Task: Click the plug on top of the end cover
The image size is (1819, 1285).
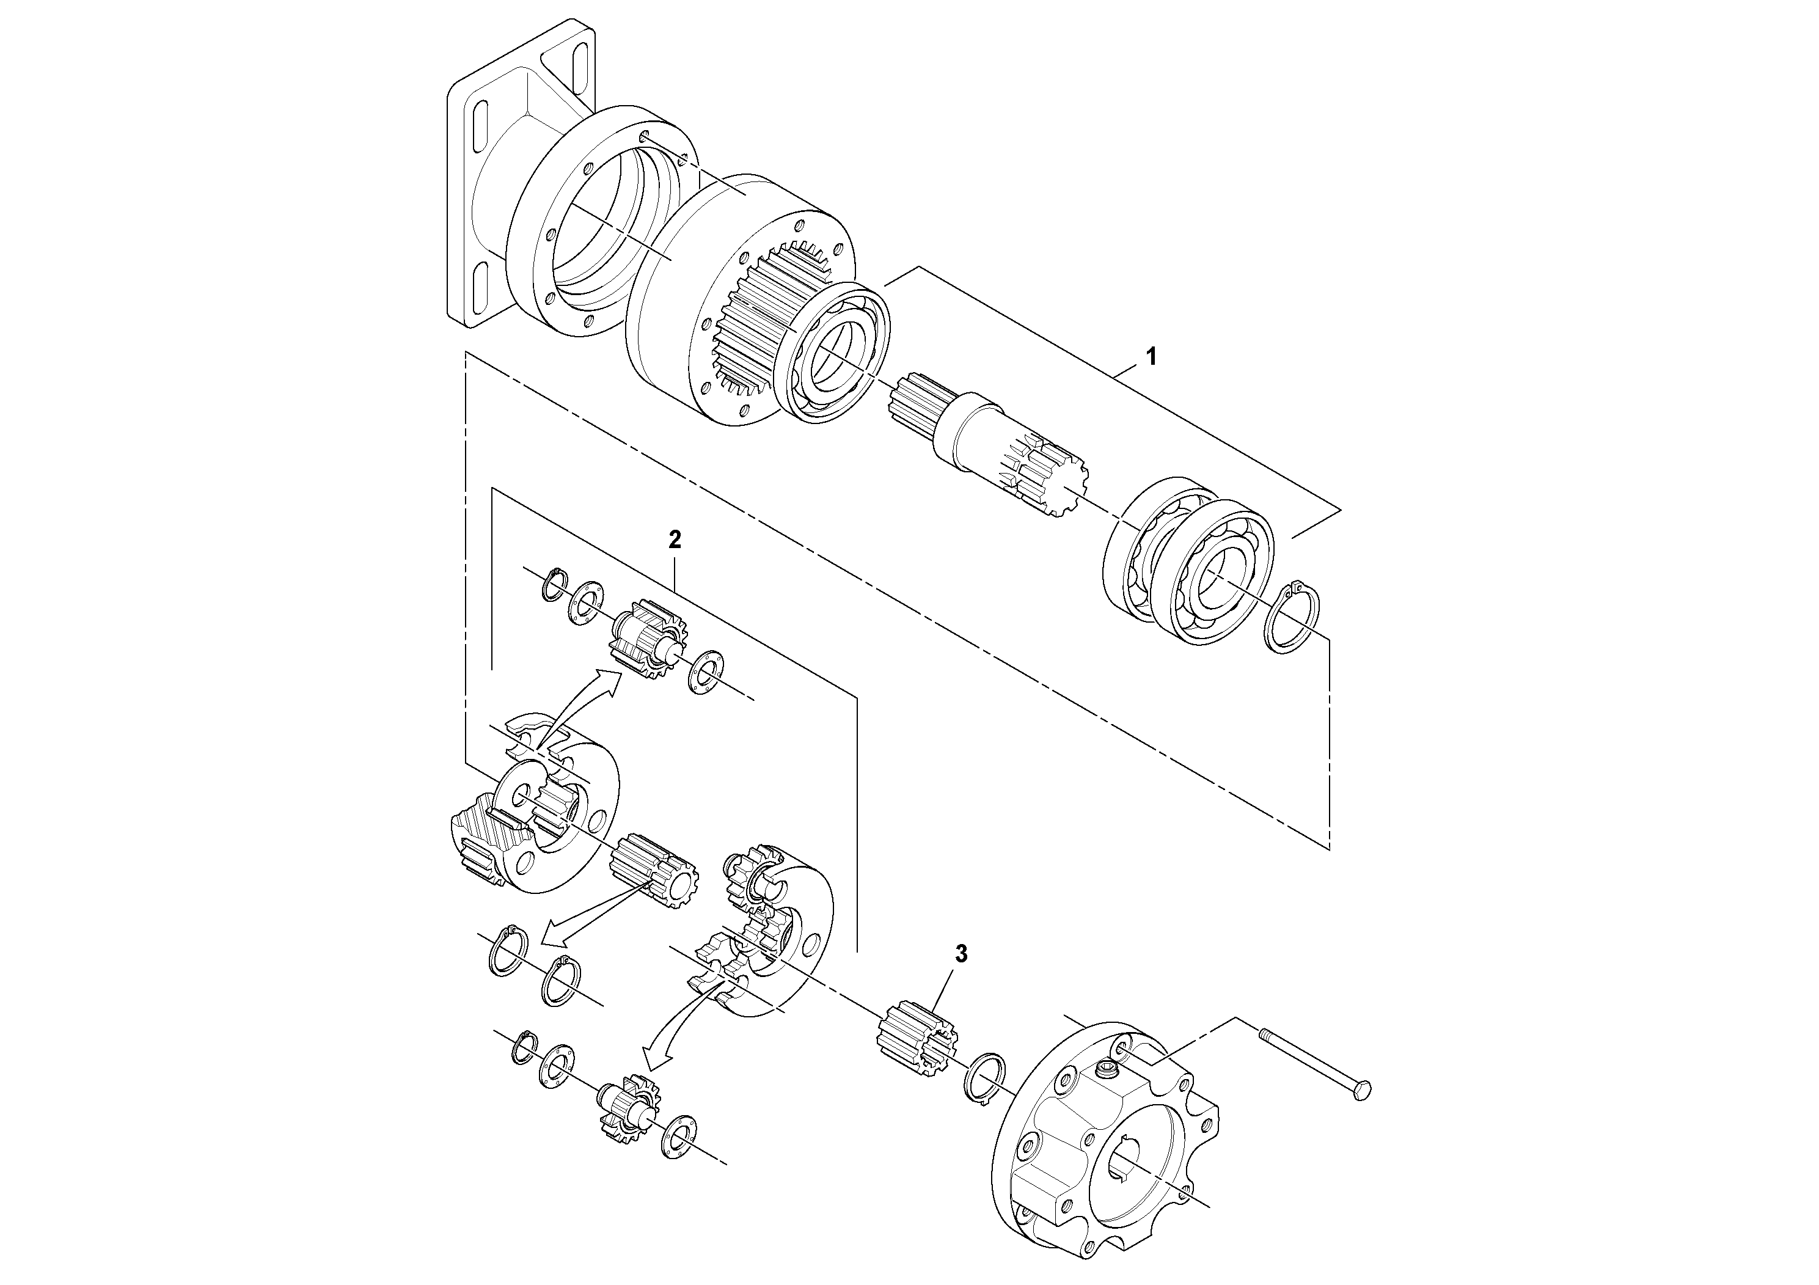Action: pyautogui.click(x=1105, y=1074)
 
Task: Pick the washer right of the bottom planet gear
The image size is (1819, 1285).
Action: pyautogui.click(x=678, y=1138)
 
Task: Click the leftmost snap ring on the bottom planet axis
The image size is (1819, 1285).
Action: pyautogui.click(x=523, y=1050)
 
